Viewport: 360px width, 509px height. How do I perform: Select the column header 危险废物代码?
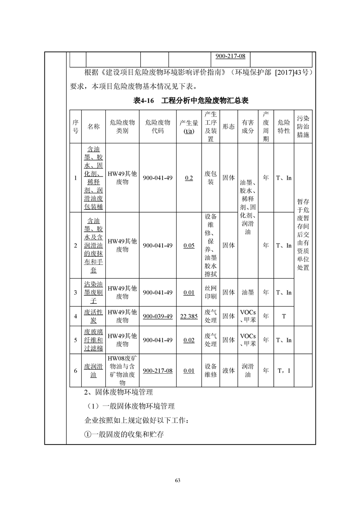(x=158, y=127)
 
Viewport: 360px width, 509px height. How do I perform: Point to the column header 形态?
(x=228, y=127)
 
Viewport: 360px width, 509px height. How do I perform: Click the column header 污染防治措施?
(x=303, y=127)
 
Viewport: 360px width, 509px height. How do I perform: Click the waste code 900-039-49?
(x=158, y=316)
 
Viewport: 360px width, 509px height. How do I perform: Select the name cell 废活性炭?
(x=94, y=316)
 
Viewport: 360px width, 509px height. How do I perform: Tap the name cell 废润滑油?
(x=94, y=371)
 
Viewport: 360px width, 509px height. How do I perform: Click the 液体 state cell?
(x=228, y=371)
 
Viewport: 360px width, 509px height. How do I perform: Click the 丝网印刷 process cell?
(x=210, y=293)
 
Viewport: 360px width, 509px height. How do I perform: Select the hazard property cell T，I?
(x=284, y=371)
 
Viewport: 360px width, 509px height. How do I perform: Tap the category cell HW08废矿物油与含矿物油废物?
(x=122, y=371)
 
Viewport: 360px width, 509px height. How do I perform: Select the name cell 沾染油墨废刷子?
(x=94, y=293)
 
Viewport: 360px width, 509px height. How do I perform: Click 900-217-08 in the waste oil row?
(x=158, y=371)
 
